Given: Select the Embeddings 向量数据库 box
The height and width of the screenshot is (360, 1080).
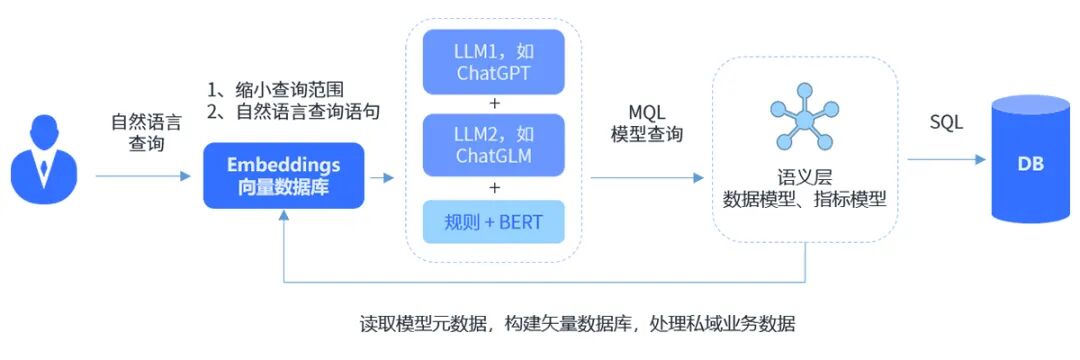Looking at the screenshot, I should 283,175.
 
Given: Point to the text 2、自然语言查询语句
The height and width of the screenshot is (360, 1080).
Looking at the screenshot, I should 293,111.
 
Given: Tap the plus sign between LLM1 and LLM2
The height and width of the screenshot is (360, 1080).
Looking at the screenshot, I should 493,104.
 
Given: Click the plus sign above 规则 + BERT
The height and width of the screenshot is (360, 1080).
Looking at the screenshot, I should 493,187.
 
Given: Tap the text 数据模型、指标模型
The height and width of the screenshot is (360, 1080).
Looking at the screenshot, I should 805,199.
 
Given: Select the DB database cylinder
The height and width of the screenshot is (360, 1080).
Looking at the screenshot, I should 1029,160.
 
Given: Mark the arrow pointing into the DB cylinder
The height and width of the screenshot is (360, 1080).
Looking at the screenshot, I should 946,159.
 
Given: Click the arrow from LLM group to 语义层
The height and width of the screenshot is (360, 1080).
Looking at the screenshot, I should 646,178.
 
